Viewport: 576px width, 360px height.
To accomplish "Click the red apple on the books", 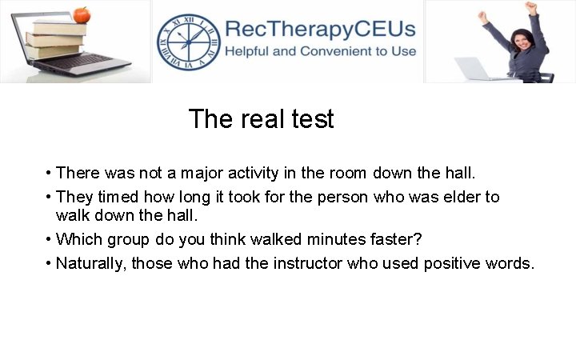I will [81, 14].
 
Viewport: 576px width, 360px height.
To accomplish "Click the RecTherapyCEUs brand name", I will [320, 30].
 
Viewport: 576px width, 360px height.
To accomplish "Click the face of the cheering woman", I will [510, 32].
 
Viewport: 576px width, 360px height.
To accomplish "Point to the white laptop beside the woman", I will [478, 69].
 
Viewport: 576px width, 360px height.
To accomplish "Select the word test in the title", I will [312, 119].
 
